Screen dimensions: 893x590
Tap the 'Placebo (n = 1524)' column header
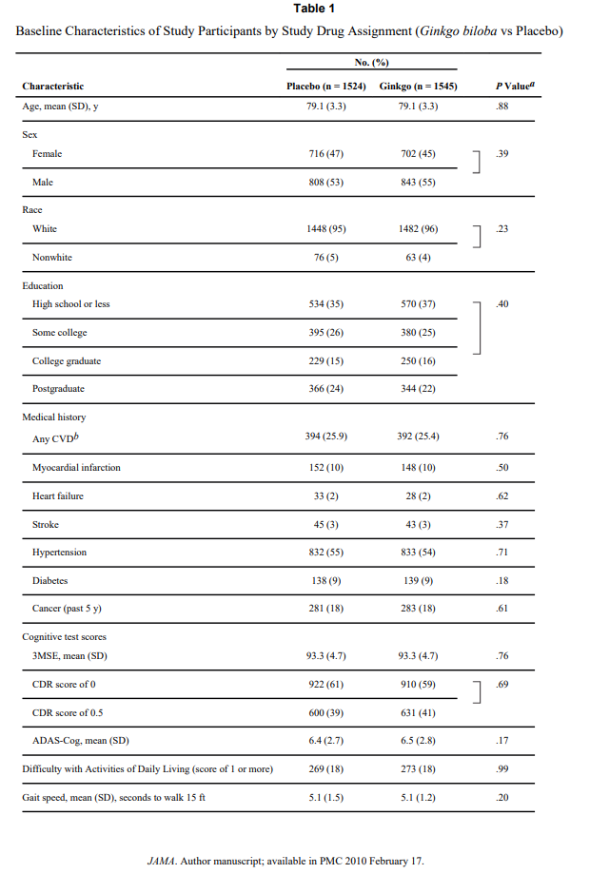coord(325,87)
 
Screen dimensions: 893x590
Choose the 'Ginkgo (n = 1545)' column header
coord(418,87)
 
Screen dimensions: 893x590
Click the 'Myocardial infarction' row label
coord(76,467)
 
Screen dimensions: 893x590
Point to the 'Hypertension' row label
coord(59,552)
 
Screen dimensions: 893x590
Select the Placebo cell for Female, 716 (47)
coord(325,153)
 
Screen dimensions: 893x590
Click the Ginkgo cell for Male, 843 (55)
coord(418,182)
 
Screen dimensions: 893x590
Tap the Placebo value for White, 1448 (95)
coord(325,228)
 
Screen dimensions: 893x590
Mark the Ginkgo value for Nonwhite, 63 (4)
coord(418,257)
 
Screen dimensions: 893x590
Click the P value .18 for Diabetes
coord(502,580)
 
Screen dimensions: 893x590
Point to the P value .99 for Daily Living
coord(502,768)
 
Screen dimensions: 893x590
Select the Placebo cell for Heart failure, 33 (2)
coord(325,495)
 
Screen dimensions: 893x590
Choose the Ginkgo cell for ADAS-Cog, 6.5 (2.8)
coord(418,740)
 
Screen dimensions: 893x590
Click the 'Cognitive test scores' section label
coord(65,636)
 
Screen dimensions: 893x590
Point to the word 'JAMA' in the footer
coord(159,861)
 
